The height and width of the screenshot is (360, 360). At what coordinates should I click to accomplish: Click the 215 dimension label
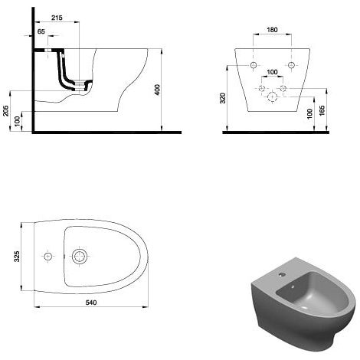coord(57,18)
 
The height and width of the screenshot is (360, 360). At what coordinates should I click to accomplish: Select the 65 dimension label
coord(41,31)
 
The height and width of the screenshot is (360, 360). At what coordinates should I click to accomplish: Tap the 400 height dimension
coord(158,90)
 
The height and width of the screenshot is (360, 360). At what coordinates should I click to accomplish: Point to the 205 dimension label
coord(5,111)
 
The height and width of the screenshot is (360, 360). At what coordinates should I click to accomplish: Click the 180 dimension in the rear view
coord(272,30)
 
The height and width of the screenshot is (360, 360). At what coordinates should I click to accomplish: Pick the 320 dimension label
coord(223,98)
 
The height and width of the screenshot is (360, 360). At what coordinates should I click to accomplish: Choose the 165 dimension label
coord(322,110)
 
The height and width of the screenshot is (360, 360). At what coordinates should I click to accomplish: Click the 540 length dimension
coord(91,303)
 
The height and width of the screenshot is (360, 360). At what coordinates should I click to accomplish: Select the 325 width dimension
coord(17,257)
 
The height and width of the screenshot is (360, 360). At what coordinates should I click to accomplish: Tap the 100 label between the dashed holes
coord(272,72)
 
